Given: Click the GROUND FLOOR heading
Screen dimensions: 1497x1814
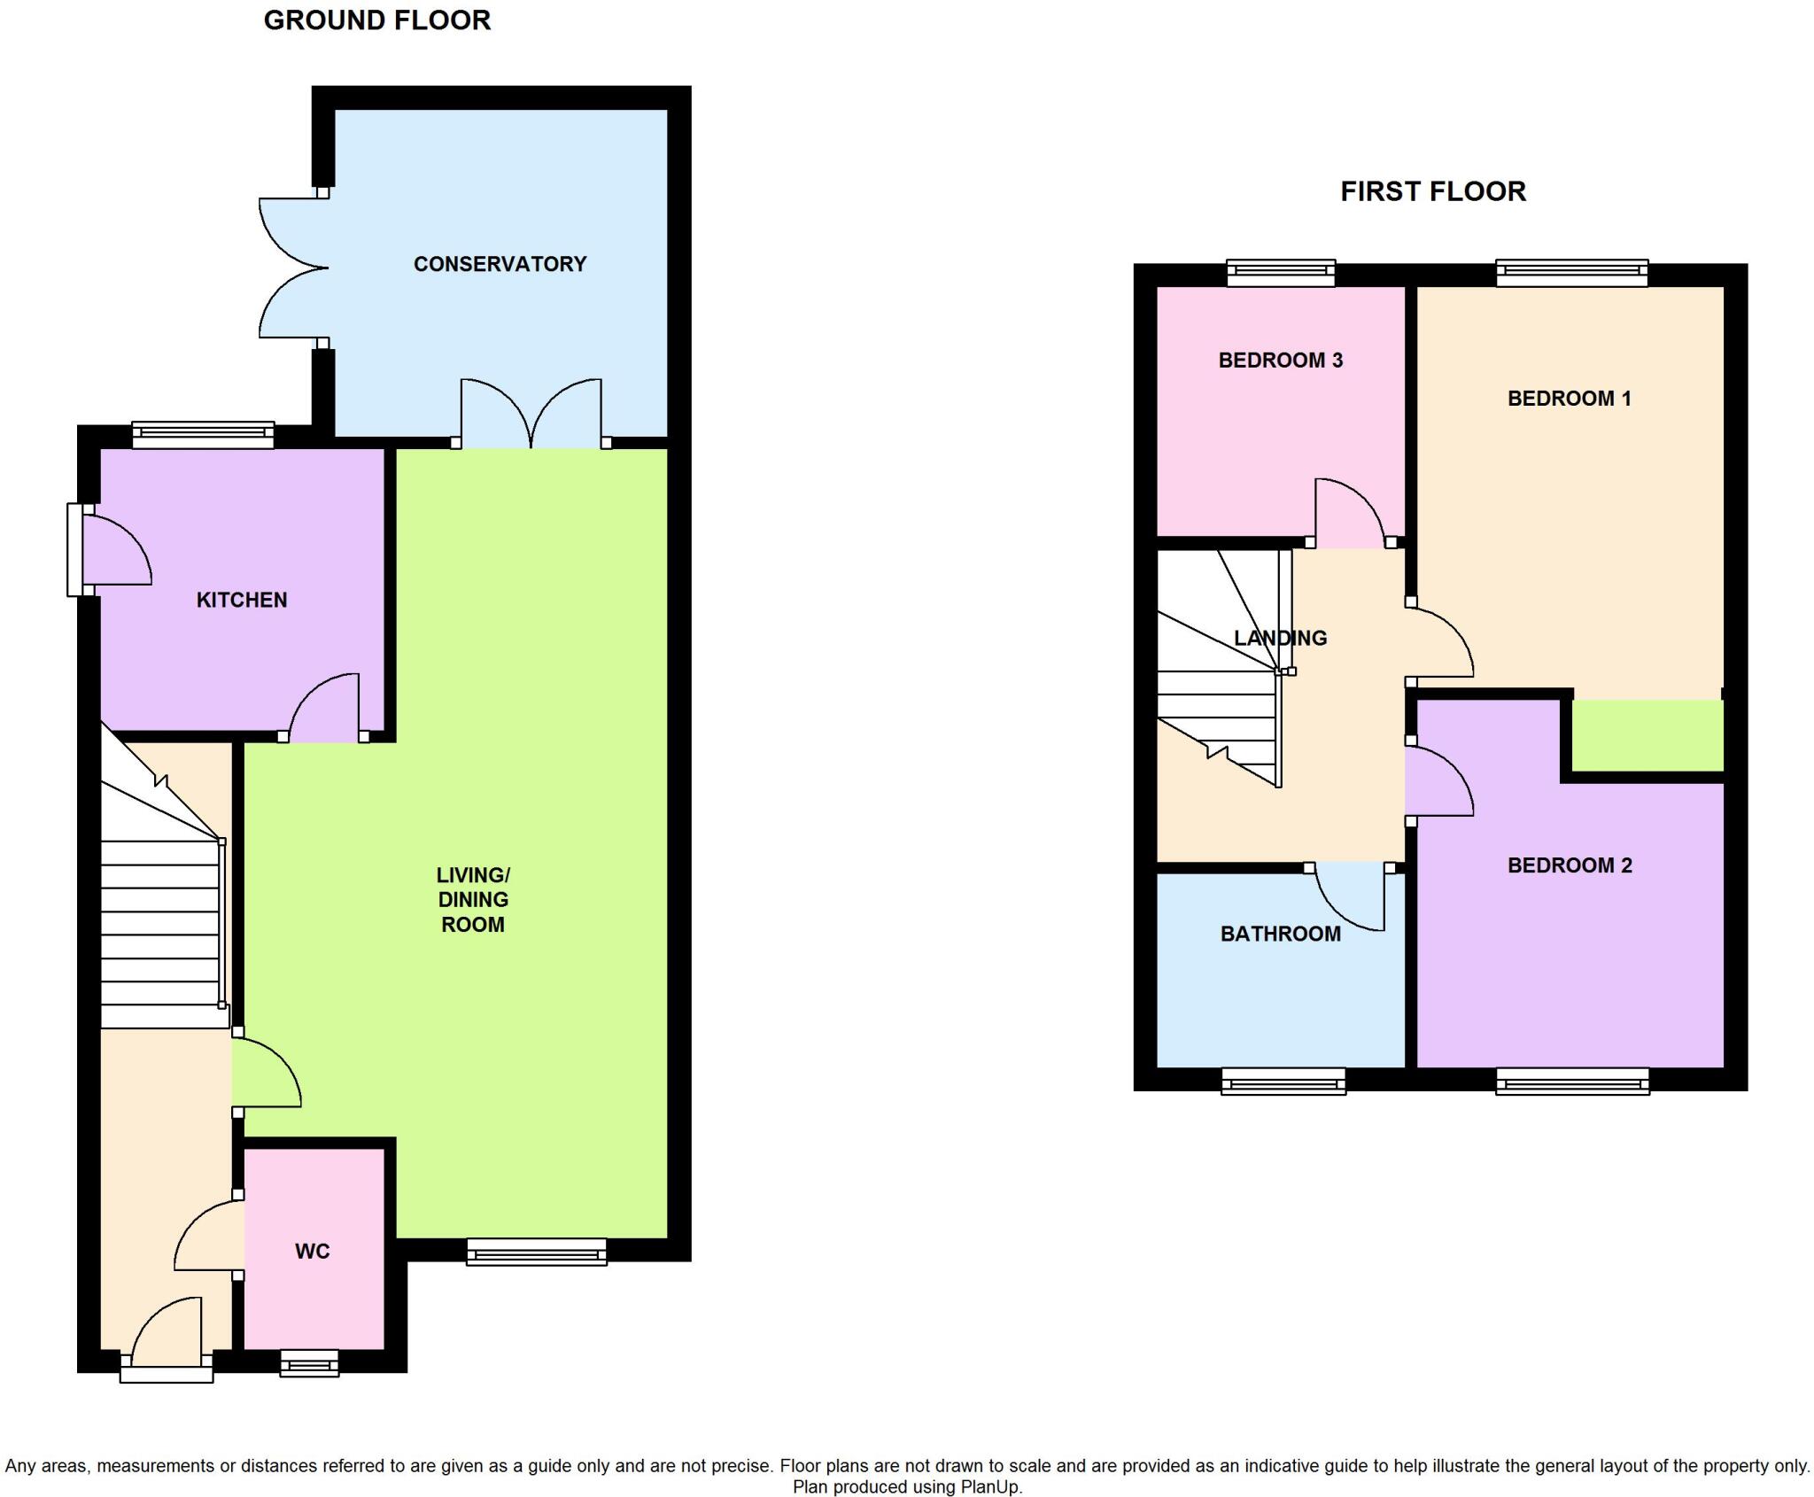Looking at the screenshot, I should (377, 20).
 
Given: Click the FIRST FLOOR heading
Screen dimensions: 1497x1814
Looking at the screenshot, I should (1432, 191).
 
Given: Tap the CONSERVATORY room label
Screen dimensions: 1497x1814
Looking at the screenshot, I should (500, 264).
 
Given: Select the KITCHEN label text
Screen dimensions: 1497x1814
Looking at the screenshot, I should (242, 600).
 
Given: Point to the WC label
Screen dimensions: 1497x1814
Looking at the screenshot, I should (312, 1251).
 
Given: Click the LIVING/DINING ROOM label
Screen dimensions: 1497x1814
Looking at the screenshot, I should (473, 899).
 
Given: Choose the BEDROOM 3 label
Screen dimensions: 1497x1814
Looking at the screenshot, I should (1280, 360).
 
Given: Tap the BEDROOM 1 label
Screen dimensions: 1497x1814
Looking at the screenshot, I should (1569, 398).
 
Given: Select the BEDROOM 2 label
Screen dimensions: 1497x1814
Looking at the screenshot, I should (1569, 865).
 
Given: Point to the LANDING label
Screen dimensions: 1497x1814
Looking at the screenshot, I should (1280, 637).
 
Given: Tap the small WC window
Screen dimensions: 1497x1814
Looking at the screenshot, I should (309, 1363).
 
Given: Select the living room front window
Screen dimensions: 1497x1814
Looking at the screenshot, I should (537, 1252).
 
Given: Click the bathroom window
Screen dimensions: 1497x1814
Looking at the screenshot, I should (1283, 1081).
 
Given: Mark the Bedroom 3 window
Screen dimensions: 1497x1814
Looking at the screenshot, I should (1281, 272).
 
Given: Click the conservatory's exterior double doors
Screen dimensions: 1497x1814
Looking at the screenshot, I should (292, 268).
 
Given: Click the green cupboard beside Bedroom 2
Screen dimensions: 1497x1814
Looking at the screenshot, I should (1647, 735).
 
